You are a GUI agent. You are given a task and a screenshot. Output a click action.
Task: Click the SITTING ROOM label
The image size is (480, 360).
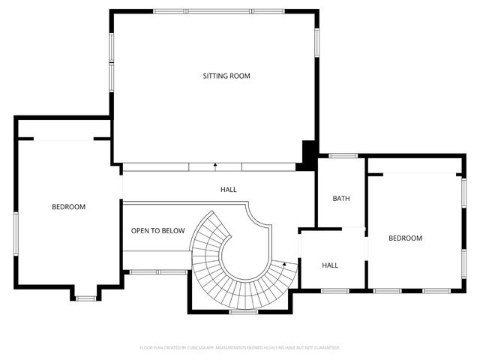pos(226,76)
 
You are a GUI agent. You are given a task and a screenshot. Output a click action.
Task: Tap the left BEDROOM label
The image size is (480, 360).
pos(68,207)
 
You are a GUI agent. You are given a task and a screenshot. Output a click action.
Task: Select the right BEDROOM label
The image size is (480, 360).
pos(405,238)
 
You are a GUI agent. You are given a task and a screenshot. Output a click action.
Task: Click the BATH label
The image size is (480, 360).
pos(341,199)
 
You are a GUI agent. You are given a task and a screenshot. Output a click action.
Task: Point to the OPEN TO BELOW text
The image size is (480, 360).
pos(157,231)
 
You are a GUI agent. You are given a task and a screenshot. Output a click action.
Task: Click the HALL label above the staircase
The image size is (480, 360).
pos(229,190)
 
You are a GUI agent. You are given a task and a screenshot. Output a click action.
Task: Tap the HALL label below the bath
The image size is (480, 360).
pos(330,265)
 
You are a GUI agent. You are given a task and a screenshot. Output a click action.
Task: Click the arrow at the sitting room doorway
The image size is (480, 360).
pos(215,165)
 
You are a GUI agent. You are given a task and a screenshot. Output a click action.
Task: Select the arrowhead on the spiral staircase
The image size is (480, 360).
pos(285,264)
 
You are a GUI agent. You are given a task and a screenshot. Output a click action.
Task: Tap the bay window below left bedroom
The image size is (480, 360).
pos(85,298)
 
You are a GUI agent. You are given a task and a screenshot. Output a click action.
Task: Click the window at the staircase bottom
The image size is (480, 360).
pos(239,311)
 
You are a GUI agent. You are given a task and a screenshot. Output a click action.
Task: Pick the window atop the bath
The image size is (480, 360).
pos(342,156)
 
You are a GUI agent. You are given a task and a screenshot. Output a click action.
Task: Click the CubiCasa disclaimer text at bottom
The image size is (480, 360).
pos(240,348)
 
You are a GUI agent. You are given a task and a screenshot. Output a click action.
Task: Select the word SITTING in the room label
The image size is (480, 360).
pos(215,76)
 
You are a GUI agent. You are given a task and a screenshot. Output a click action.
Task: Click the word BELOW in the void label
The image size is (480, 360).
pos(173,231)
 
